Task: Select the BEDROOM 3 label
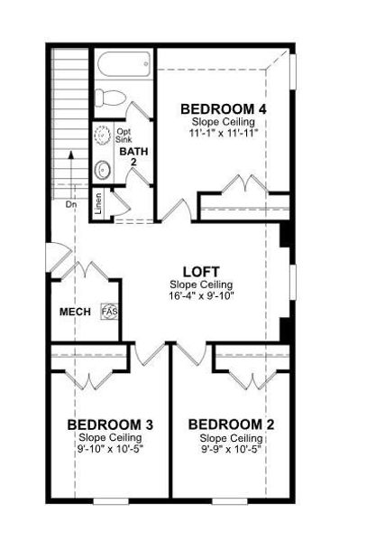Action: (x=110, y=425)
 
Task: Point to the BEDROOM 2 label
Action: (x=231, y=425)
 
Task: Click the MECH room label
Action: (x=75, y=312)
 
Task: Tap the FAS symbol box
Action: (x=110, y=312)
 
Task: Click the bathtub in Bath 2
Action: (x=124, y=67)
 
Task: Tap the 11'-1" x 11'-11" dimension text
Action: (x=224, y=132)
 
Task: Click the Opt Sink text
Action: (x=124, y=135)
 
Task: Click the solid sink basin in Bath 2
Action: (x=102, y=168)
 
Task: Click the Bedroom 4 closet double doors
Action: (x=242, y=186)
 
